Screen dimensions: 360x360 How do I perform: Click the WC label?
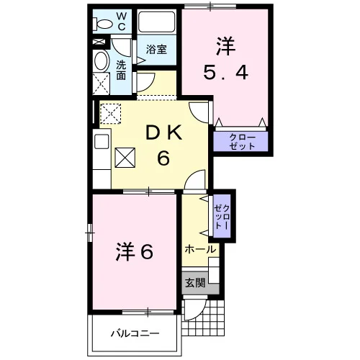122,22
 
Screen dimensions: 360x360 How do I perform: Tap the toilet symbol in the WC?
102,24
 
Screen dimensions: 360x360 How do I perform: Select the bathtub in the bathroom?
157,22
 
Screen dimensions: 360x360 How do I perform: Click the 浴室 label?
156,50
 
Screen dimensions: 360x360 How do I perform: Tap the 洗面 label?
121,70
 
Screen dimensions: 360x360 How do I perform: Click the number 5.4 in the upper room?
225,73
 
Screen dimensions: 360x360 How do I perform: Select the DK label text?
164,134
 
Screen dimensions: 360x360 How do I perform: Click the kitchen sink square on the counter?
102,141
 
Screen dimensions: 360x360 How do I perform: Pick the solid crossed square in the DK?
125,158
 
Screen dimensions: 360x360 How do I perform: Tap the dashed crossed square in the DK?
110,114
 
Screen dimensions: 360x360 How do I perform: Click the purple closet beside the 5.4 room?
240,141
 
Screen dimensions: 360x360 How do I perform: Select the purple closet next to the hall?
222,216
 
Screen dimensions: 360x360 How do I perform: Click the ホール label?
200,249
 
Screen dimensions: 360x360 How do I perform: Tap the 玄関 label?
195,283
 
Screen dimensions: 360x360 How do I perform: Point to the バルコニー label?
135,333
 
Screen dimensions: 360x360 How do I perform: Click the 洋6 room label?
135,252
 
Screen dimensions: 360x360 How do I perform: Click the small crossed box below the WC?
99,42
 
